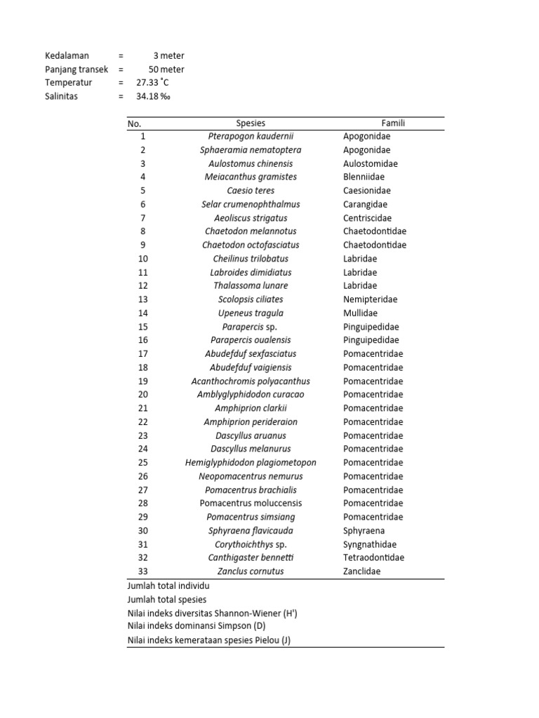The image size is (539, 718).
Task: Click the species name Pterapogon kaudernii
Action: (251, 136)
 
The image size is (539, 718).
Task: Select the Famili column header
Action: (393, 123)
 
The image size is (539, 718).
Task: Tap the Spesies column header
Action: (251, 123)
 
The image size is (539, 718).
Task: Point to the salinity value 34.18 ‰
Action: (153, 96)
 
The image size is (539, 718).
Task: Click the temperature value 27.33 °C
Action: (155, 83)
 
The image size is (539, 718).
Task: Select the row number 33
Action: (142, 571)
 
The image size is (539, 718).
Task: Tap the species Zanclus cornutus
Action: (251, 571)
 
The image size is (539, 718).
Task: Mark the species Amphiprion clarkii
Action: (251, 408)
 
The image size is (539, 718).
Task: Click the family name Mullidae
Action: (362, 313)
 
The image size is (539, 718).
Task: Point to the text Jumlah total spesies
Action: (166, 599)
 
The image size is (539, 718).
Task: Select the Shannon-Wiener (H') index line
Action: (212, 613)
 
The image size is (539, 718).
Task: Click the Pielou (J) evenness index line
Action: (208, 640)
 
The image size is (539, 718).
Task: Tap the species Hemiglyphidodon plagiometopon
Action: (251, 463)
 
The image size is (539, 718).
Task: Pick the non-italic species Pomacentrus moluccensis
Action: (251, 503)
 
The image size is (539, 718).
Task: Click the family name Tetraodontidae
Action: (374, 557)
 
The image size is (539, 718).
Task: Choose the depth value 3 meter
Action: (168, 55)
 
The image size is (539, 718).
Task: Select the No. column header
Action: (134, 123)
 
